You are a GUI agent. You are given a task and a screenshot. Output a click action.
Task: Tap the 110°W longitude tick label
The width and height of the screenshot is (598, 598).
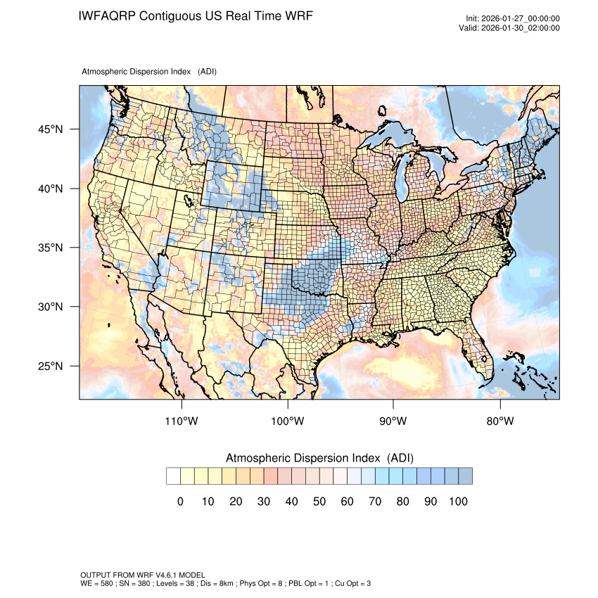182,421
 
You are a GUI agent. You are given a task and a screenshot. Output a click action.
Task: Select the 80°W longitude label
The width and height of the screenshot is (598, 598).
500,421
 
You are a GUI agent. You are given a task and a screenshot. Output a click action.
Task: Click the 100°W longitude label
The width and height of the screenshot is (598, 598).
288,421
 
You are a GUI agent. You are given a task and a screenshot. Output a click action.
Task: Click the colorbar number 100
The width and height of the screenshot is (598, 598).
457,501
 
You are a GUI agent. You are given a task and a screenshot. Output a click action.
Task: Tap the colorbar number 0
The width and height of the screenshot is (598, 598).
180,501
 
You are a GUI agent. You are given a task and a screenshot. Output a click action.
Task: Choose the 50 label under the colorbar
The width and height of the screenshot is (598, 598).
319,501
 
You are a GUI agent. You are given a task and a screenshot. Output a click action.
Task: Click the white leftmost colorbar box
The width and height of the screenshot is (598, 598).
173,476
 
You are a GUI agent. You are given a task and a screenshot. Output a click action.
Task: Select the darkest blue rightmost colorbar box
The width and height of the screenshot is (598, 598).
465,476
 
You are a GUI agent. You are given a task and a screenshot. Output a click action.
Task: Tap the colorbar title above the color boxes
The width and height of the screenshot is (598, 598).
319,458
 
